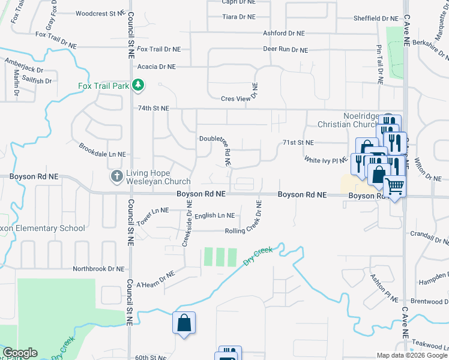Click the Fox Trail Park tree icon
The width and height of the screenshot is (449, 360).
[138, 85]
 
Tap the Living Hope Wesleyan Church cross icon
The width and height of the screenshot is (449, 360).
[117, 176]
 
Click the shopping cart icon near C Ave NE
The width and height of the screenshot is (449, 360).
[395, 187]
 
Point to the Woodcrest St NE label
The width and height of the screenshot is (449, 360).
[100, 13]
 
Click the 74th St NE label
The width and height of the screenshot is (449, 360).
[154, 109]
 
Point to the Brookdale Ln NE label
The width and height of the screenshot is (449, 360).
[102, 150]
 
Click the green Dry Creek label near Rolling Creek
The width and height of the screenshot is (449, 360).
[258, 256]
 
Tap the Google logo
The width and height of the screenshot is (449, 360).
[20, 353]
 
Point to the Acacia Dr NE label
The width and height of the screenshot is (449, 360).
[156, 67]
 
